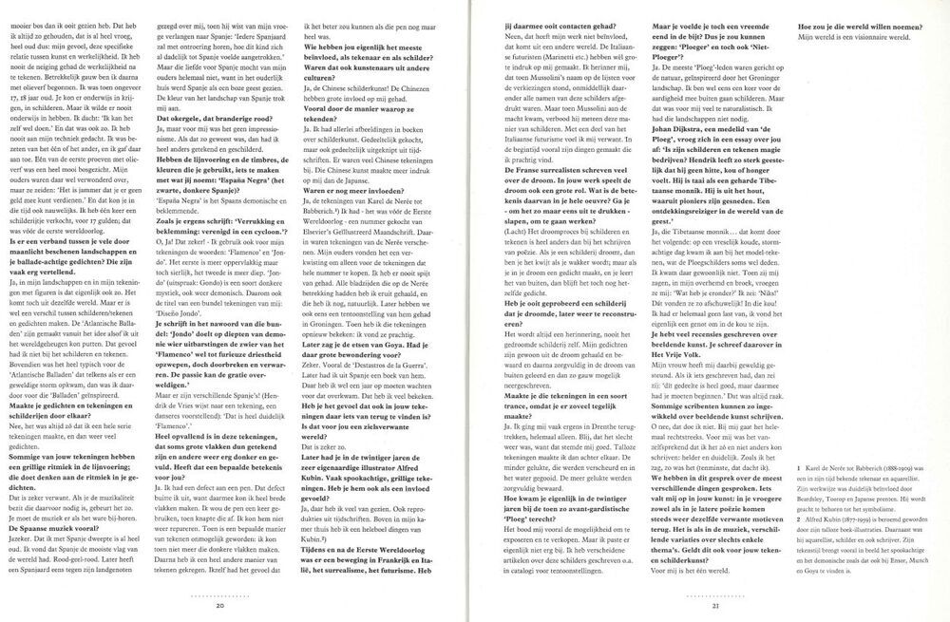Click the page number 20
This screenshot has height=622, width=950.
coord(219,605)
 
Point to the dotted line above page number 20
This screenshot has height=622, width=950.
coord(219,594)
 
